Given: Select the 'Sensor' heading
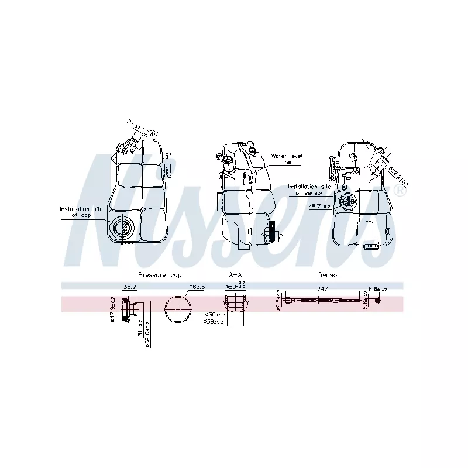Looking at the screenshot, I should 329,274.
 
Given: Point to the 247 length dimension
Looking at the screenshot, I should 322,289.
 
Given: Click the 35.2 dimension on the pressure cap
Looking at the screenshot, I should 129,287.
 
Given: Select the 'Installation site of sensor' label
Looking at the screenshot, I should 309,189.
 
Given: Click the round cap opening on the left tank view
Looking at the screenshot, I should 123,228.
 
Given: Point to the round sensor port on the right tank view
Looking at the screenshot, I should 350,202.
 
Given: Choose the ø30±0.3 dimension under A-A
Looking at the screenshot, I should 215,315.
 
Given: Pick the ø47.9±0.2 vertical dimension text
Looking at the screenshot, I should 113,308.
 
